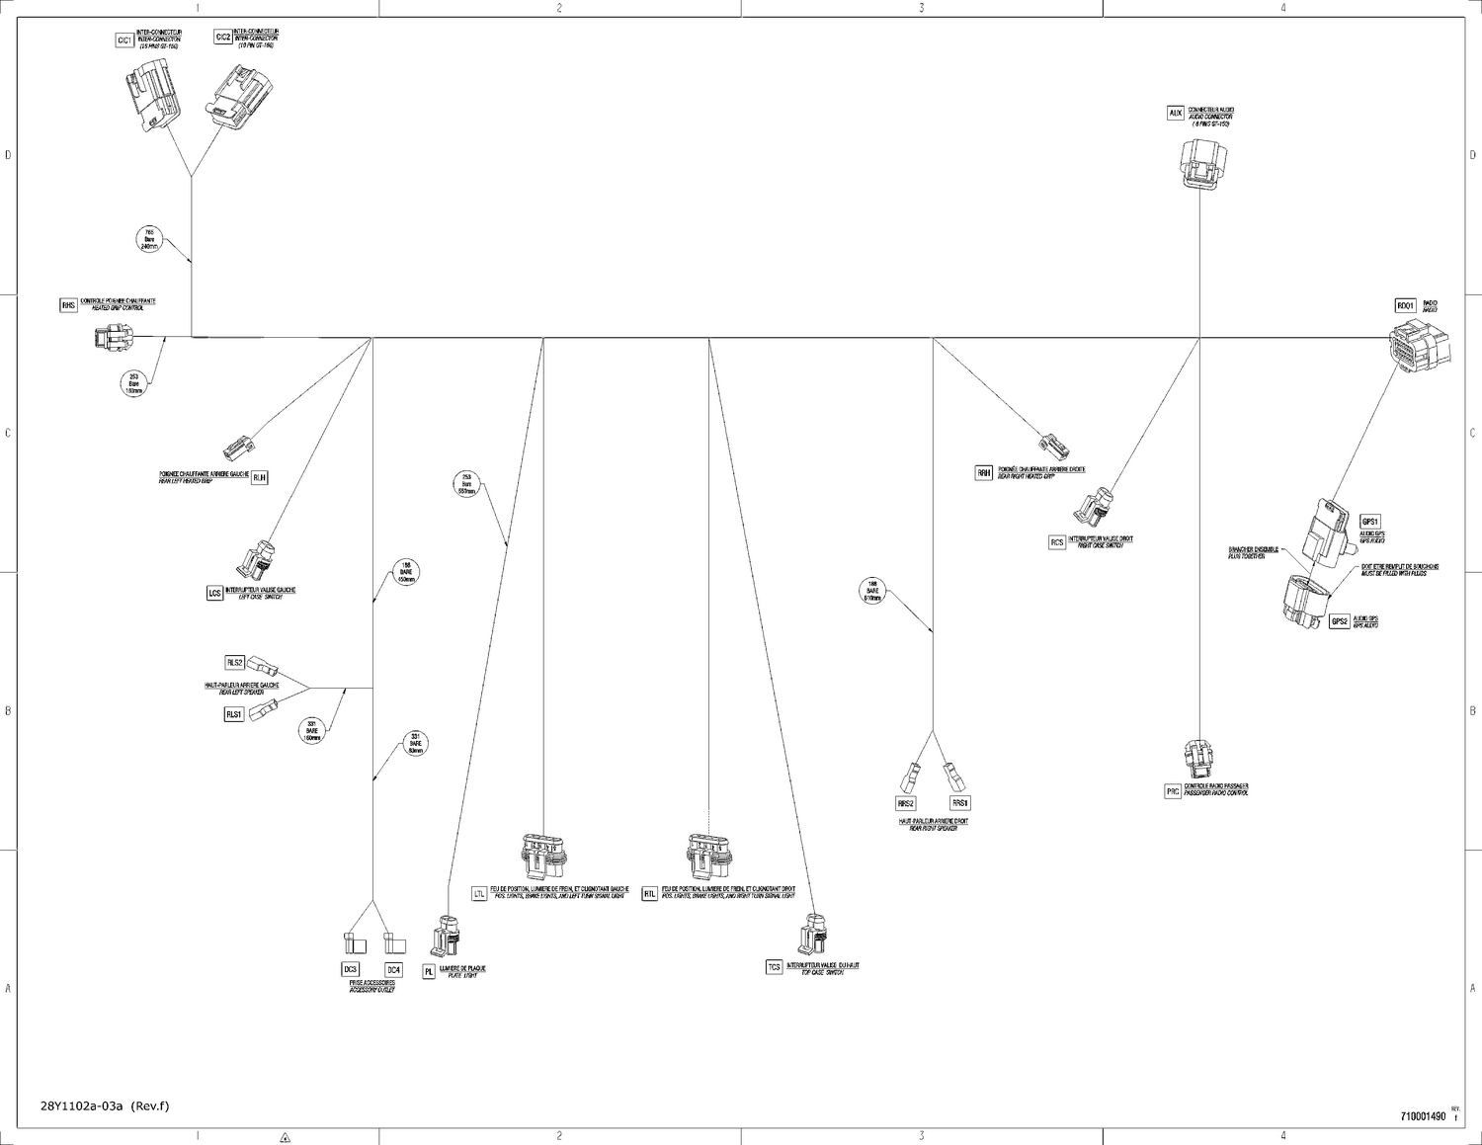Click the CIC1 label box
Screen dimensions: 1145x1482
tap(124, 41)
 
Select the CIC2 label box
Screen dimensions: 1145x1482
tap(223, 38)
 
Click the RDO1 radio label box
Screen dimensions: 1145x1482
tap(1405, 306)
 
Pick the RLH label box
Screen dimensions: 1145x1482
tap(260, 477)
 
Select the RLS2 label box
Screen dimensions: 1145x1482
tap(235, 662)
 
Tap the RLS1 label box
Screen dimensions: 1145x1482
tap(234, 714)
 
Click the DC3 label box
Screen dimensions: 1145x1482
tap(350, 969)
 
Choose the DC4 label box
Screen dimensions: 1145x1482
tap(393, 969)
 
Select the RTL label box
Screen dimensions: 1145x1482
tap(649, 894)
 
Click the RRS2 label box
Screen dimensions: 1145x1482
tap(906, 803)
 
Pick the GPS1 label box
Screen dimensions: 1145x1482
tap(1369, 522)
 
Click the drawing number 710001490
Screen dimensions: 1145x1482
tap(1423, 1116)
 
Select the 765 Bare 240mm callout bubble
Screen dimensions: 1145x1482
tap(150, 239)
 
